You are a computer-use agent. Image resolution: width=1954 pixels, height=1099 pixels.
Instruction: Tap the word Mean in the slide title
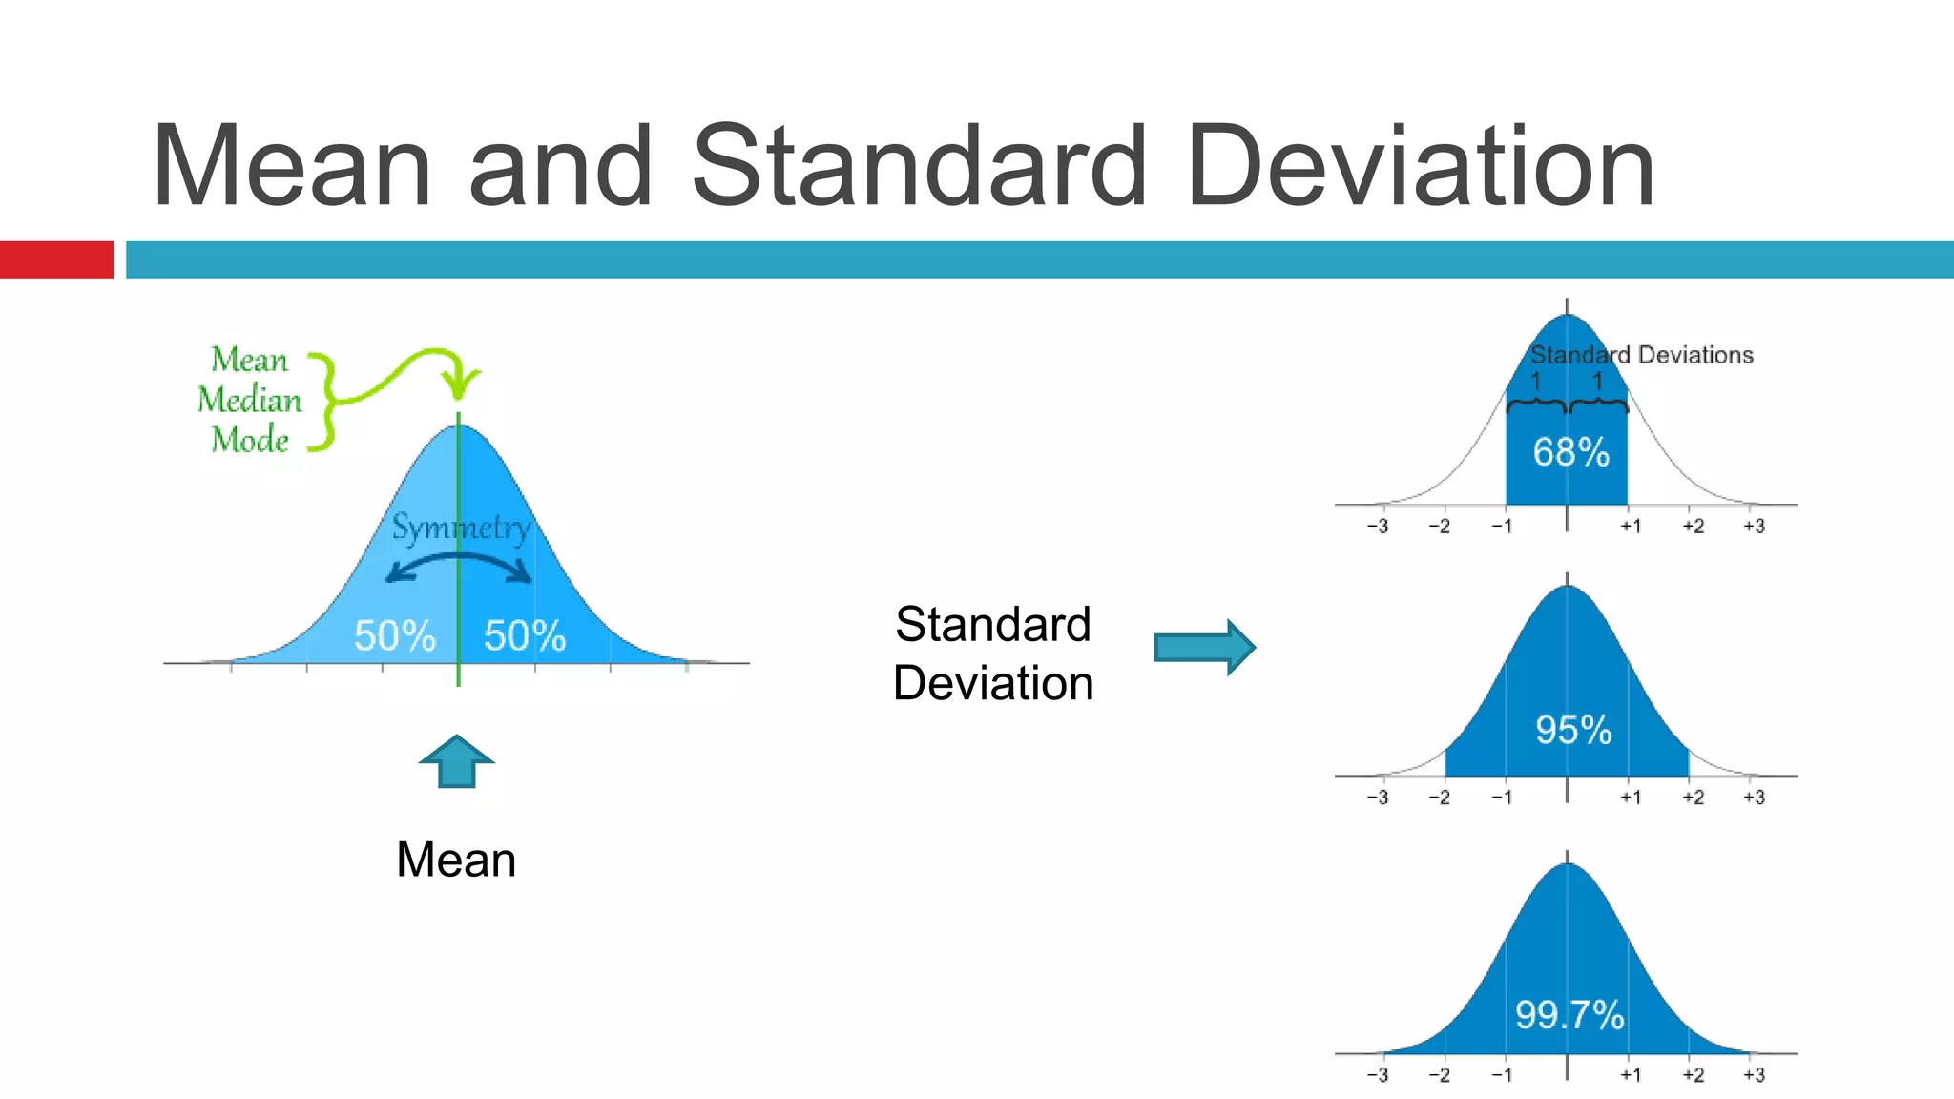[x=292, y=167]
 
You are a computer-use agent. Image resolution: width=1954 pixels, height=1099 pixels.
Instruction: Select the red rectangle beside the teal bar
[x=56, y=259]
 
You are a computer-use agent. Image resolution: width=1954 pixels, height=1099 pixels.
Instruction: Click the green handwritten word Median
[x=249, y=400]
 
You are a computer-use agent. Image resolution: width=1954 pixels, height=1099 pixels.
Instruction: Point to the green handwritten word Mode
[x=249, y=440]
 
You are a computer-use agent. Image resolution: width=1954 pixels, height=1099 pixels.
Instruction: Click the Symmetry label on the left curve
[x=461, y=527]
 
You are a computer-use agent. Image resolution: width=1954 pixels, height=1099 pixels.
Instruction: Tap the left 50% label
[x=394, y=635]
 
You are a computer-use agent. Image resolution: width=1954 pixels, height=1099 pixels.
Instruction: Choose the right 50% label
[x=525, y=635]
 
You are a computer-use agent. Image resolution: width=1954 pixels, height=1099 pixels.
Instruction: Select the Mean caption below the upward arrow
[x=456, y=860]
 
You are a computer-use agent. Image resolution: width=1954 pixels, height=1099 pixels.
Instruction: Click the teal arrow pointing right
[x=1204, y=648]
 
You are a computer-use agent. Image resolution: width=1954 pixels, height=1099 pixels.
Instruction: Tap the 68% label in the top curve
[x=1570, y=452]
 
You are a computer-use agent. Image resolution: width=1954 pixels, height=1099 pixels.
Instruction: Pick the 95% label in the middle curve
[x=1573, y=730]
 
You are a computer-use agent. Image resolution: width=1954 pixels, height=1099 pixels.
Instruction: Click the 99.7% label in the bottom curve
[x=1569, y=1014]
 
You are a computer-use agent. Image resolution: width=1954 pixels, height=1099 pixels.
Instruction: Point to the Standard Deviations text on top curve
[x=1642, y=355]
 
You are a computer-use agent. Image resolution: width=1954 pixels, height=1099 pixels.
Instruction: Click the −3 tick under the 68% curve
[x=1377, y=526]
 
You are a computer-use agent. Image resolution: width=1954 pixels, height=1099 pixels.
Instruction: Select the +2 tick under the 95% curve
[x=1693, y=797]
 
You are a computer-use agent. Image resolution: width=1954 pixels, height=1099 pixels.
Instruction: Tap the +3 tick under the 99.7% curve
[x=1754, y=1074]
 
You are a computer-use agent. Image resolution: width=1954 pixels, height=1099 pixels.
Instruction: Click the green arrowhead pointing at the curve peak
[x=462, y=385]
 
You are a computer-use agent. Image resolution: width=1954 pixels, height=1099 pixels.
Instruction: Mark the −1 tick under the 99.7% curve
[x=1502, y=1074]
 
